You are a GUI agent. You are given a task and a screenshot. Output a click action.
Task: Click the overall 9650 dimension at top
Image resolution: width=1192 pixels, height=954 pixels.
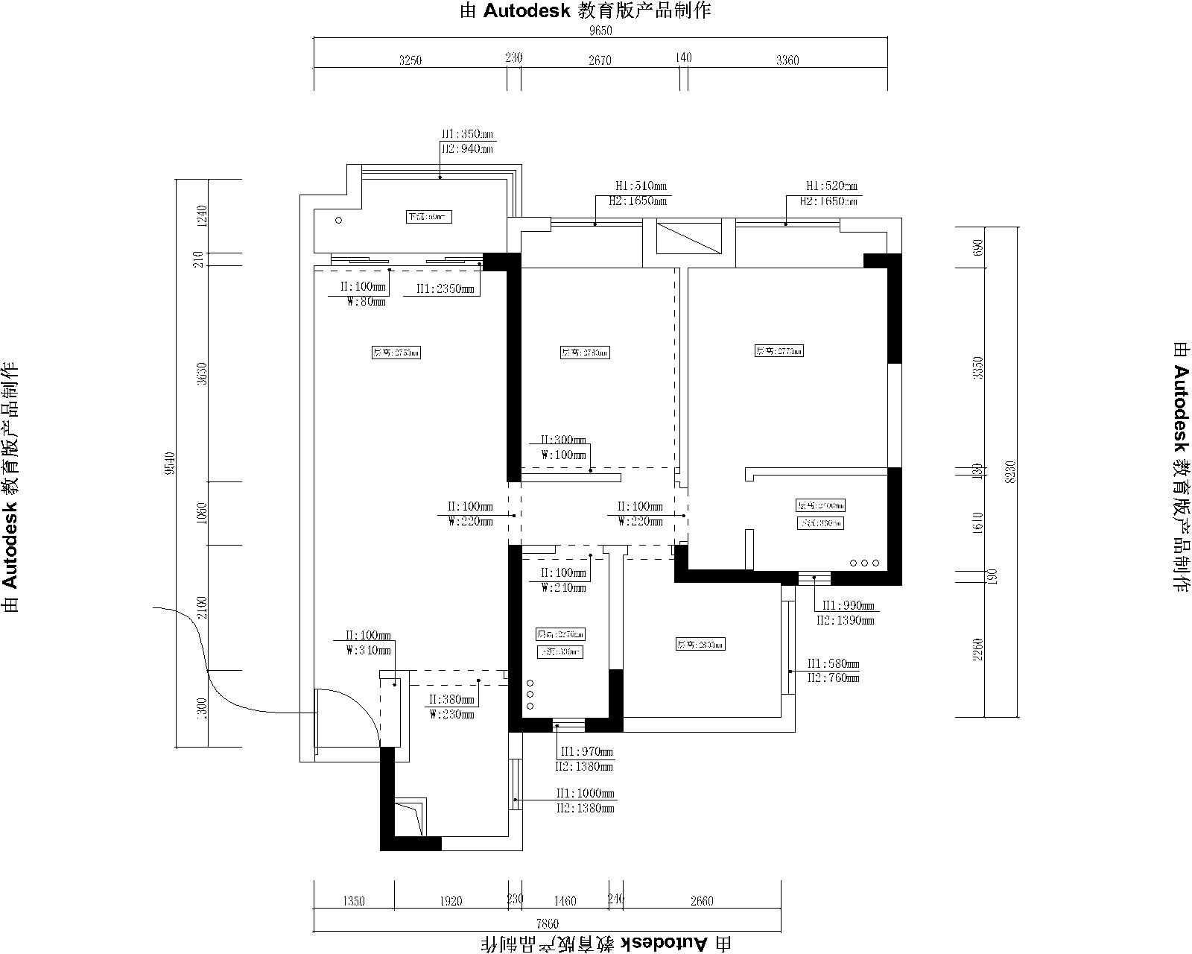tap(600, 31)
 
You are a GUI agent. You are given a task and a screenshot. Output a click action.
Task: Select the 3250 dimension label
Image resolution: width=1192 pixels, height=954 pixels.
tap(410, 60)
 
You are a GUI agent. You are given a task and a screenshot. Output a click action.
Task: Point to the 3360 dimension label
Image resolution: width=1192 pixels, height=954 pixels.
tap(787, 60)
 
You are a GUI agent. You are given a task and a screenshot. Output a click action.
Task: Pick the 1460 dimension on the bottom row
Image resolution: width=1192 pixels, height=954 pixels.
tap(565, 901)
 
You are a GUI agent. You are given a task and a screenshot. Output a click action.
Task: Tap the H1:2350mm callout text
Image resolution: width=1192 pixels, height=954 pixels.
tap(445, 288)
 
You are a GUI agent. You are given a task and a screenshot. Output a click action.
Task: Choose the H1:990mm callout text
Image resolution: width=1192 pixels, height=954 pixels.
tap(845, 606)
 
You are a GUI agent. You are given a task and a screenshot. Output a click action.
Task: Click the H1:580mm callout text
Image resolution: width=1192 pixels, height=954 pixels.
tap(834, 663)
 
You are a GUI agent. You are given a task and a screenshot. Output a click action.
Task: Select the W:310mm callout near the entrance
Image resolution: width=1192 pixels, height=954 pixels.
tap(368, 650)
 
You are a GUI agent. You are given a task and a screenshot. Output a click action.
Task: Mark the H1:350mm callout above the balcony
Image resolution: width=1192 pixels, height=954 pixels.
tap(467, 135)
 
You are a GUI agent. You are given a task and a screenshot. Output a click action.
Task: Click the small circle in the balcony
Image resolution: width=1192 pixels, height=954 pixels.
tap(338, 220)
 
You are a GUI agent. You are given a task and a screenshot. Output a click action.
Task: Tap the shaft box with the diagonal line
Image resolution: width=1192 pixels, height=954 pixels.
tap(689, 237)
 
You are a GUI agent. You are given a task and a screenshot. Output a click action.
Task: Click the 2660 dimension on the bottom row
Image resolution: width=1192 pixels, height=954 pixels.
tap(702, 901)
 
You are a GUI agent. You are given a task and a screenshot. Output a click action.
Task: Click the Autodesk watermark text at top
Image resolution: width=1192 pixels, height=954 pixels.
tap(586, 10)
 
